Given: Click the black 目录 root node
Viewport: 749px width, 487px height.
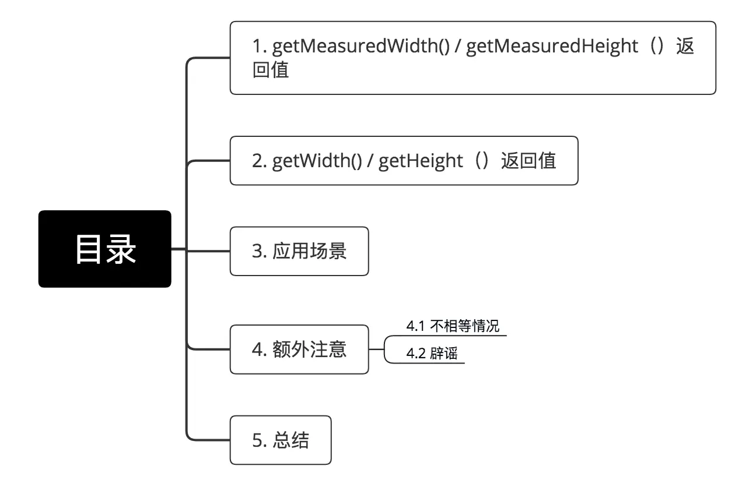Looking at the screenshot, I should coord(105,249).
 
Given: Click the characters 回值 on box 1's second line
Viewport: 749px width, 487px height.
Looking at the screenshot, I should coord(271,70).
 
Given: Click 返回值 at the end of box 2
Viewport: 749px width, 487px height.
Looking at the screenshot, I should coord(528,161).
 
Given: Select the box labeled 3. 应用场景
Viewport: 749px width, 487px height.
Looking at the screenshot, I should coord(299,251).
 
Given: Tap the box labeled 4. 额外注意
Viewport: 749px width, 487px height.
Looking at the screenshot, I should coord(299,349).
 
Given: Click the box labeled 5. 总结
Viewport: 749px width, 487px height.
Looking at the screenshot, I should coord(281,440).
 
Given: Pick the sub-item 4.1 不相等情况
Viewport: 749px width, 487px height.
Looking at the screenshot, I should coord(453,326).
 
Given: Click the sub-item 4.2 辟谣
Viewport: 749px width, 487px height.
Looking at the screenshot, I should coord(432,354).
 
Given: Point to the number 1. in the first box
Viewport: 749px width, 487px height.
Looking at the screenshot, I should coord(259,46).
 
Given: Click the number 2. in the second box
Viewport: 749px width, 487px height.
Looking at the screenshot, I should coord(259,161).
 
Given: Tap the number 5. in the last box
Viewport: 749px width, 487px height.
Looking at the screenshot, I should coord(259,440).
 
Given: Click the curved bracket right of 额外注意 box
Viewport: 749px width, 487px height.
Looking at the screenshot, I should coord(386,349).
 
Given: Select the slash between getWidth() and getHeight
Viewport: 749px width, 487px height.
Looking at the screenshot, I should coord(370,161).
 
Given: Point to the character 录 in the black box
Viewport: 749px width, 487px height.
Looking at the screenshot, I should coord(121,249).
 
